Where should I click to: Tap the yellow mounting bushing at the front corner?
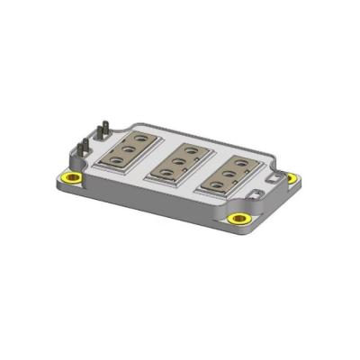pos(238,219)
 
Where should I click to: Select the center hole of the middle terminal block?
pos(180,159)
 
